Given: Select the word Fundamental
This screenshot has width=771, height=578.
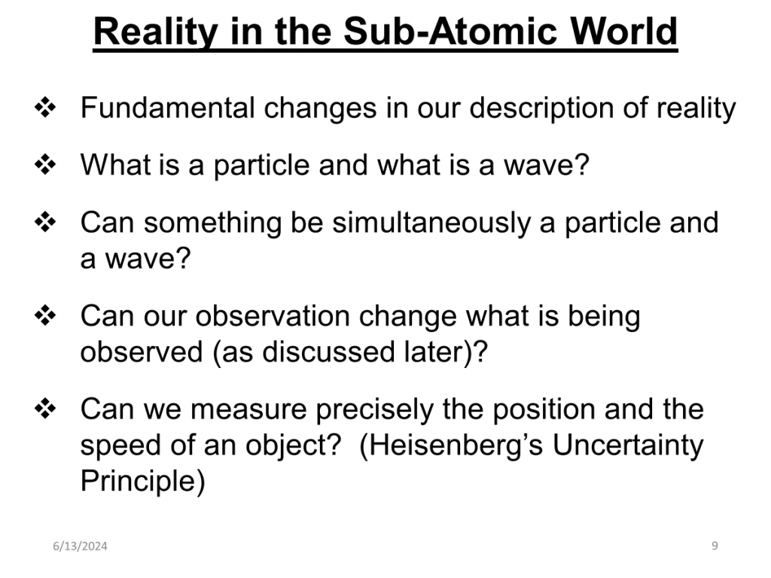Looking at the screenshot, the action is (x=168, y=108).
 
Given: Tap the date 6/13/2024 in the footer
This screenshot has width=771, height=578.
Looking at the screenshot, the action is (x=80, y=546).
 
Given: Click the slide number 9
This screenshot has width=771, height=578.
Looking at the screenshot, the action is (x=715, y=546).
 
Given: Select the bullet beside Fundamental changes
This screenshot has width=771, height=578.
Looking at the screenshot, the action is (x=45, y=108).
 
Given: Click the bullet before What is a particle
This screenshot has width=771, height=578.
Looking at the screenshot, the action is (x=45, y=165).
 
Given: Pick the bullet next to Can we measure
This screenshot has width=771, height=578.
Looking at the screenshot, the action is (x=45, y=409).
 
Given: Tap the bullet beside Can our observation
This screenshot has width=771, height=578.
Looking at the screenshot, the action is (x=45, y=315).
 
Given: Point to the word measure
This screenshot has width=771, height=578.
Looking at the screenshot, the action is (x=248, y=409).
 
